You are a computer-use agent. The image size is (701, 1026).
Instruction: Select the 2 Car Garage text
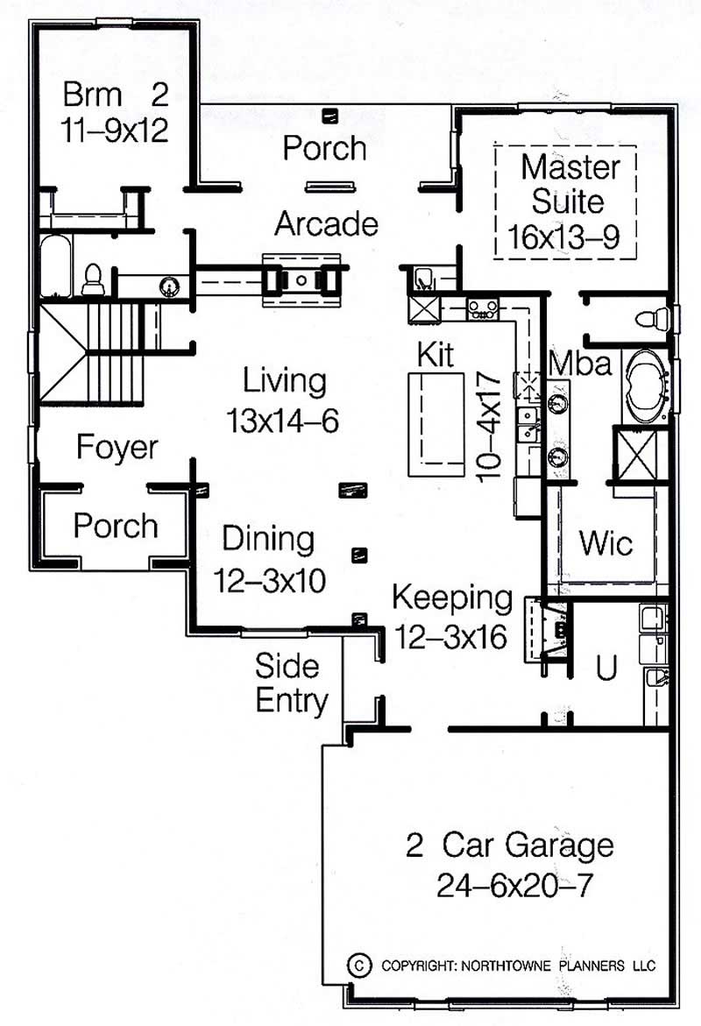pyautogui.click(x=509, y=846)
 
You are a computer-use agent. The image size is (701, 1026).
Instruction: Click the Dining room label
pyautogui.click(x=268, y=539)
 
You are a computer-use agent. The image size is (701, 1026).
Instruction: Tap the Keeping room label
pyautogui.click(x=451, y=598)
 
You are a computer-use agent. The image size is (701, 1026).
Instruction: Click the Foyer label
pyautogui.click(x=117, y=448)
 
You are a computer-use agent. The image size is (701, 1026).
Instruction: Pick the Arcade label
pyautogui.click(x=326, y=224)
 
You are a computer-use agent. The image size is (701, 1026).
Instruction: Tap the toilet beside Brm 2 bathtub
pyautogui.click(x=93, y=279)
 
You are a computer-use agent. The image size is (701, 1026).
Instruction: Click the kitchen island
pyautogui.click(x=436, y=423)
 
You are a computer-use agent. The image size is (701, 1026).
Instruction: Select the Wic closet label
pyautogui.click(x=605, y=543)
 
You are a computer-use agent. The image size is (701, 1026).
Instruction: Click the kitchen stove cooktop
pyautogui.click(x=483, y=308)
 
